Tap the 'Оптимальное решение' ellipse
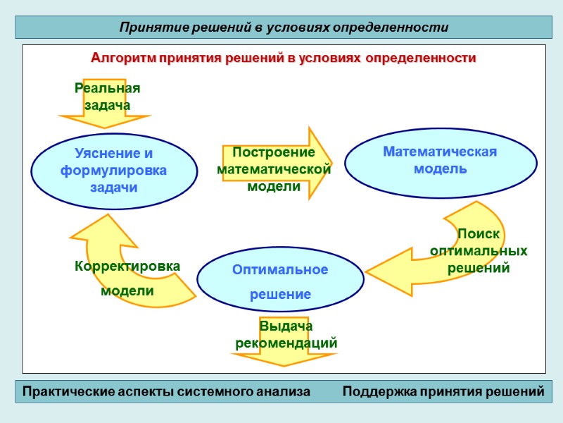(280, 281)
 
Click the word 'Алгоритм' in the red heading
(119, 58)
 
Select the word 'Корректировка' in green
(127, 266)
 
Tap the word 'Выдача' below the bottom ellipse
(286, 327)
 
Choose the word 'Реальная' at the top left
(108, 89)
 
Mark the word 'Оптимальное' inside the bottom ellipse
(280, 270)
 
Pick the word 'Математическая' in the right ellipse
(440, 152)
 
